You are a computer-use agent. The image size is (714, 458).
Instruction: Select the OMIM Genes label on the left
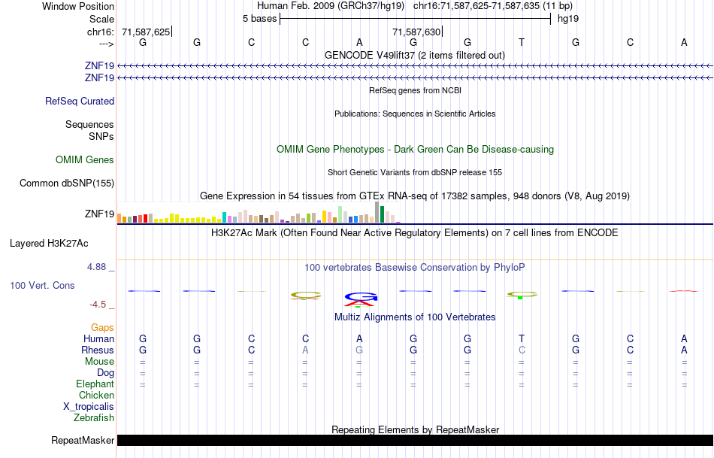point(84,159)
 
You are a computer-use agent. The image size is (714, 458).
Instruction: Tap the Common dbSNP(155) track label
point(67,183)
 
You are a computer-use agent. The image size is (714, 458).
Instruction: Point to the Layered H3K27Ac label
point(49,244)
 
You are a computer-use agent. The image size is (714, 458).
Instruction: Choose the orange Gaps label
point(102,328)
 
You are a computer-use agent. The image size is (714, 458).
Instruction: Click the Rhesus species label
point(98,350)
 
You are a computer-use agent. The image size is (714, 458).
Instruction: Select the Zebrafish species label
point(94,418)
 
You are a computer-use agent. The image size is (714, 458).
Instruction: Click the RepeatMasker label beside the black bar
point(83,441)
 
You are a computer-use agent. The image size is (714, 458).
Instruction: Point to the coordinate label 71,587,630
point(416,32)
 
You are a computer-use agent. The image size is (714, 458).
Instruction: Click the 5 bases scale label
point(259,18)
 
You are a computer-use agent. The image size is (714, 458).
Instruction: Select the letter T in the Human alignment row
point(522,339)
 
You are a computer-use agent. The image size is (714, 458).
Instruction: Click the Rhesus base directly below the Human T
point(522,350)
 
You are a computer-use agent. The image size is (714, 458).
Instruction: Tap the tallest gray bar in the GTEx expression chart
point(377,213)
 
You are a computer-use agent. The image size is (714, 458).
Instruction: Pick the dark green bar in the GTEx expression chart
point(382,215)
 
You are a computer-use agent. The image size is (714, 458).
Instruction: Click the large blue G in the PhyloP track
point(359,296)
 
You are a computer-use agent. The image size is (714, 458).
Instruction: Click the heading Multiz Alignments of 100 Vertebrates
point(415,317)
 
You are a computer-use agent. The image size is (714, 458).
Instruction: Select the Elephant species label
point(95,384)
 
